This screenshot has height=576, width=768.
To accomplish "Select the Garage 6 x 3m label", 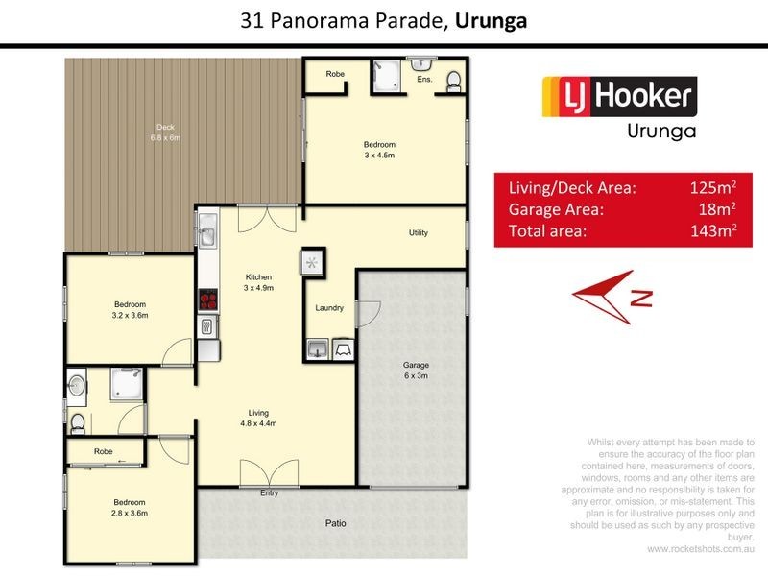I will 416,372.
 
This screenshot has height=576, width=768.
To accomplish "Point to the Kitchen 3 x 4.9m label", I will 258,282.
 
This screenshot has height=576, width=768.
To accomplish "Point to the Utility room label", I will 418,233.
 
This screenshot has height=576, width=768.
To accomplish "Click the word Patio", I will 334,523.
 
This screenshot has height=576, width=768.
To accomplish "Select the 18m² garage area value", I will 719,208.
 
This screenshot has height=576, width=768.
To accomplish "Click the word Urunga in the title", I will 494,21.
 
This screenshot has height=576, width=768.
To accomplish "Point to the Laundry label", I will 329,308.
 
